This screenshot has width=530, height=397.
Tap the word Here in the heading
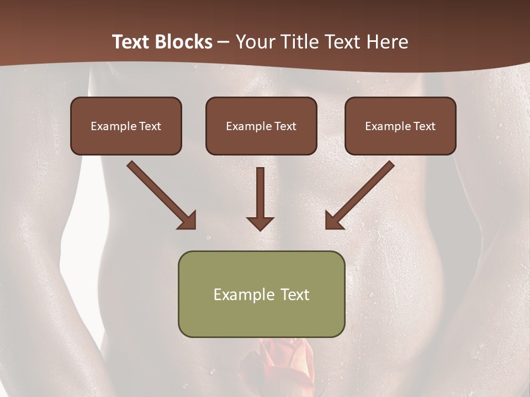[x=387, y=42]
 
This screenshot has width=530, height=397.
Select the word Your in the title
[x=252, y=42]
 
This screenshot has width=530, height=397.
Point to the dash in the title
[x=224, y=42]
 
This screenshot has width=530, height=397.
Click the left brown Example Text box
[x=126, y=126]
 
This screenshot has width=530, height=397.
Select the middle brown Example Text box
[x=261, y=126]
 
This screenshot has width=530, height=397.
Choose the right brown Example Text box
[x=400, y=126]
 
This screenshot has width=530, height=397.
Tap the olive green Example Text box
[x=261, y=294]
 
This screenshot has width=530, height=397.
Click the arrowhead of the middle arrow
[x=260, y=223]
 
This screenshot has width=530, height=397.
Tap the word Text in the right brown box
[x=424, y=126]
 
